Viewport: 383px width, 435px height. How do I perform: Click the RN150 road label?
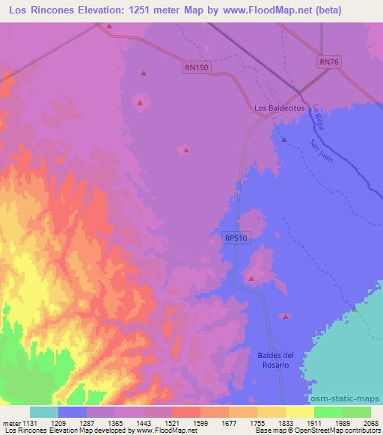click(197, 67)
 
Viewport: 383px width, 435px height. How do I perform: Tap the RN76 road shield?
click(328, 63)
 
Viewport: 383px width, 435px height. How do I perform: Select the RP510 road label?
click(234, 237)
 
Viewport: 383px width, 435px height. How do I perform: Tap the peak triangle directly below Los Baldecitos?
click(284, 139)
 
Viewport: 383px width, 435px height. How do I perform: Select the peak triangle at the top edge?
click(108, 26)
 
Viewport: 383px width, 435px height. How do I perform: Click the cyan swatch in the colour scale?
click(43, 412)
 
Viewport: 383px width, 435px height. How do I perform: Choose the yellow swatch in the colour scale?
click(298, 412)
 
